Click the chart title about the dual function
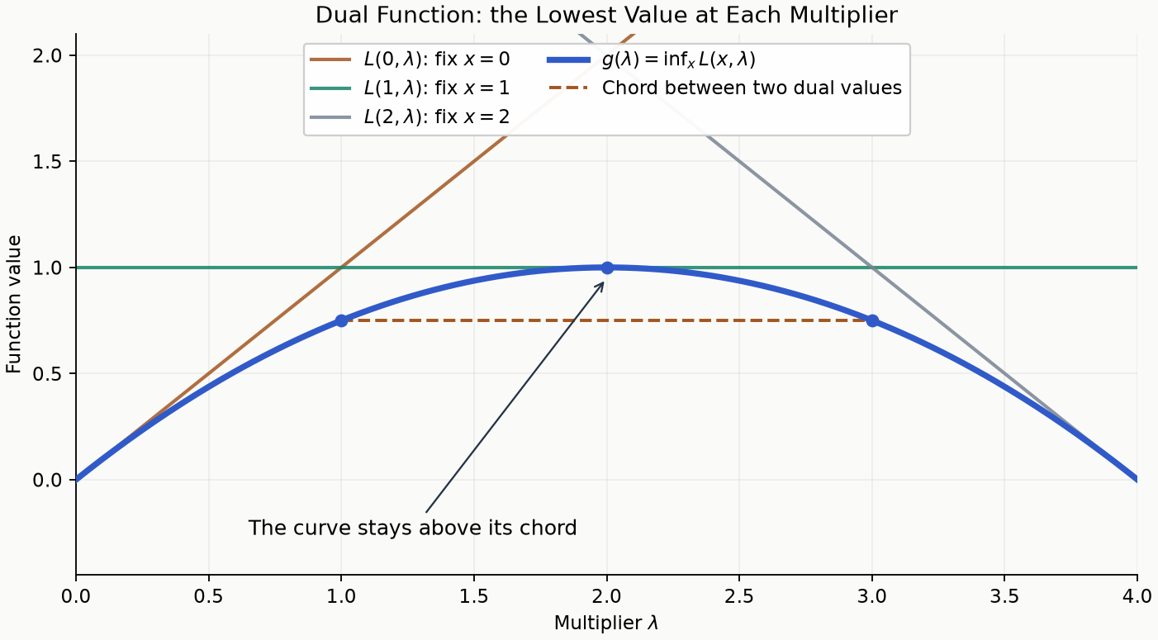(x=606, y=15)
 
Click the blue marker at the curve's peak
(x=607, y=268)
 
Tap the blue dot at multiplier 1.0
(x=341, y=321)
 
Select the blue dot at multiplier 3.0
(x=872, y=321)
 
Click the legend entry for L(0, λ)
(x=410, y=59)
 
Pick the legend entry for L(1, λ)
(x=410, y=88)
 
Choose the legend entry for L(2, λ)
(x=410, y=116)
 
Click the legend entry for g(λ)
(x=652, y=59)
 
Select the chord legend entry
(x=725, y=88)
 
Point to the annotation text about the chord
(x=412, y=528)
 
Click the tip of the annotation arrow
(x=604, y=282)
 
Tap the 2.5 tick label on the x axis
(x=739, y=596)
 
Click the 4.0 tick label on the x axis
(x=1137, y=596)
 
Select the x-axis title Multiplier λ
(x=606, y=623)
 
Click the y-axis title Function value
(x=13, y=304)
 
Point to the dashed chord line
(x=607, y=321)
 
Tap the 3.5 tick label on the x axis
(x=1004, y=596)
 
